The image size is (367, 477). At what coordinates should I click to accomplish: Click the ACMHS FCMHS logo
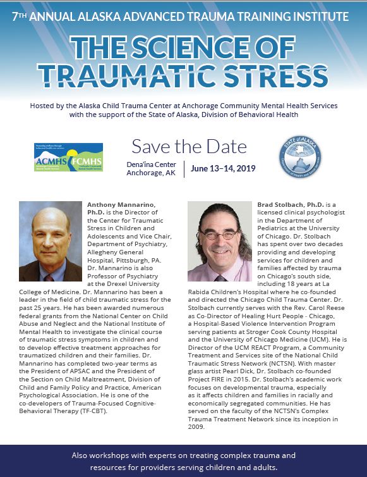[68, 157]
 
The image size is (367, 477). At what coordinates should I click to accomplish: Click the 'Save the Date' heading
[189, 146]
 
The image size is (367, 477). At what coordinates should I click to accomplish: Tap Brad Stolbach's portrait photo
[220, 241]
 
